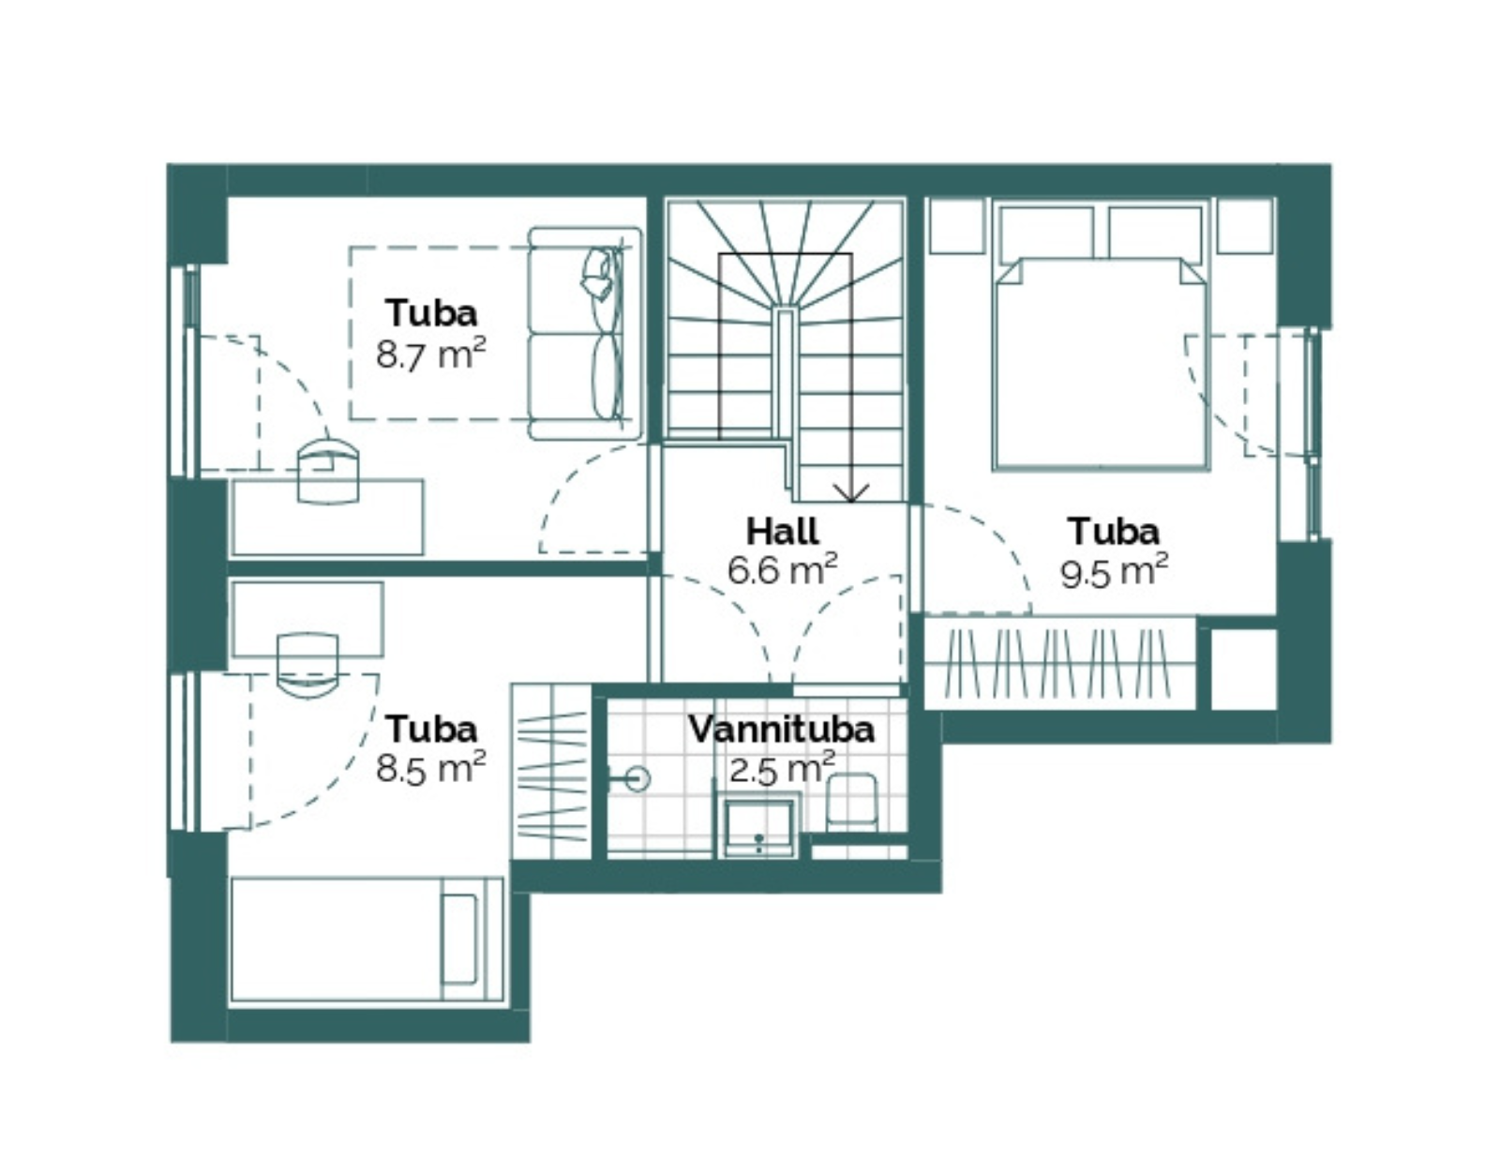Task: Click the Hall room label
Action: (x=783, y=532)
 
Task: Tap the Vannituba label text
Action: (x=782, y=729)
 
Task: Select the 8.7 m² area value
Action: (x=430, y=354)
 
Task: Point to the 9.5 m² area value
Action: (x=1114, y=572)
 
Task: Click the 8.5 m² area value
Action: (x=430, y=767)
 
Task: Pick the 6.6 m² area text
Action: (x=783, y=570)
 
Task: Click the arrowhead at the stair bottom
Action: (x=851, y=492)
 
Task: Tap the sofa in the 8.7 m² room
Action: (x=585, y=334)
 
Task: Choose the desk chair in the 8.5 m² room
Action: (x=307, y=668)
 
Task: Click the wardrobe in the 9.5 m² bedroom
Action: (x=1059, y=663)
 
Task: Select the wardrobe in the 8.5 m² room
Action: (x=551, y=772)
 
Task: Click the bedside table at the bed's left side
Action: (x=957, y=226)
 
